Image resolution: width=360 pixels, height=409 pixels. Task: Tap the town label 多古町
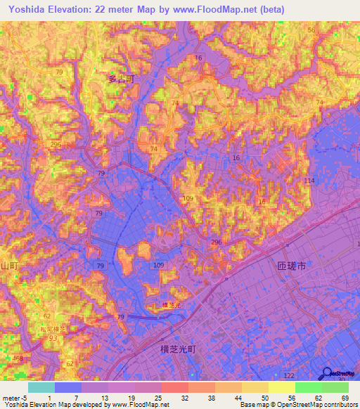120,80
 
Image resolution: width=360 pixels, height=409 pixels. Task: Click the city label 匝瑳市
288,267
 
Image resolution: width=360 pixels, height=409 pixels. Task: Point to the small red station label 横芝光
171,304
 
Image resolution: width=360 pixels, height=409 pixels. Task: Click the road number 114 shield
309,181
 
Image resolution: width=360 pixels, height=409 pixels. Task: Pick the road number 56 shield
311,30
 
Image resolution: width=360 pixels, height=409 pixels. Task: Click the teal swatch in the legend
41,387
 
